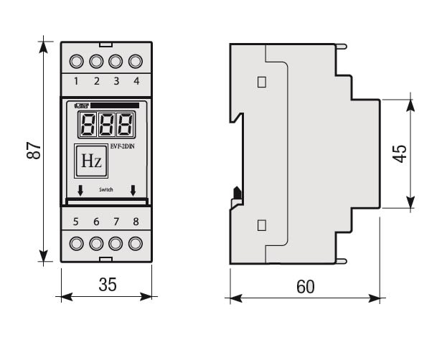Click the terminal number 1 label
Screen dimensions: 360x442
(x=77, y=80)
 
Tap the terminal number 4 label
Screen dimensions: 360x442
(x=135, y=80)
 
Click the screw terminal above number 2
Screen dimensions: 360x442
(x=96, y=60)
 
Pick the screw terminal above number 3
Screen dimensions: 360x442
(x=115, y=60)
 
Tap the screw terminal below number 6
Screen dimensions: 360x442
(x=96, y=242)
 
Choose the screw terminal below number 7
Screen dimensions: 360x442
(x=115, y=242)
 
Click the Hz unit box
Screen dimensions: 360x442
(x=90, y=161)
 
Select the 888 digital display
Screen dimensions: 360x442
(x=106, y=128)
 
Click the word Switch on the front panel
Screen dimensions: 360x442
(x=105, y=191)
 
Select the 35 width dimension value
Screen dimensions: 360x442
(x=106, y=285)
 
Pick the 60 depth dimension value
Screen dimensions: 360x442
(x=305, y=286)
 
